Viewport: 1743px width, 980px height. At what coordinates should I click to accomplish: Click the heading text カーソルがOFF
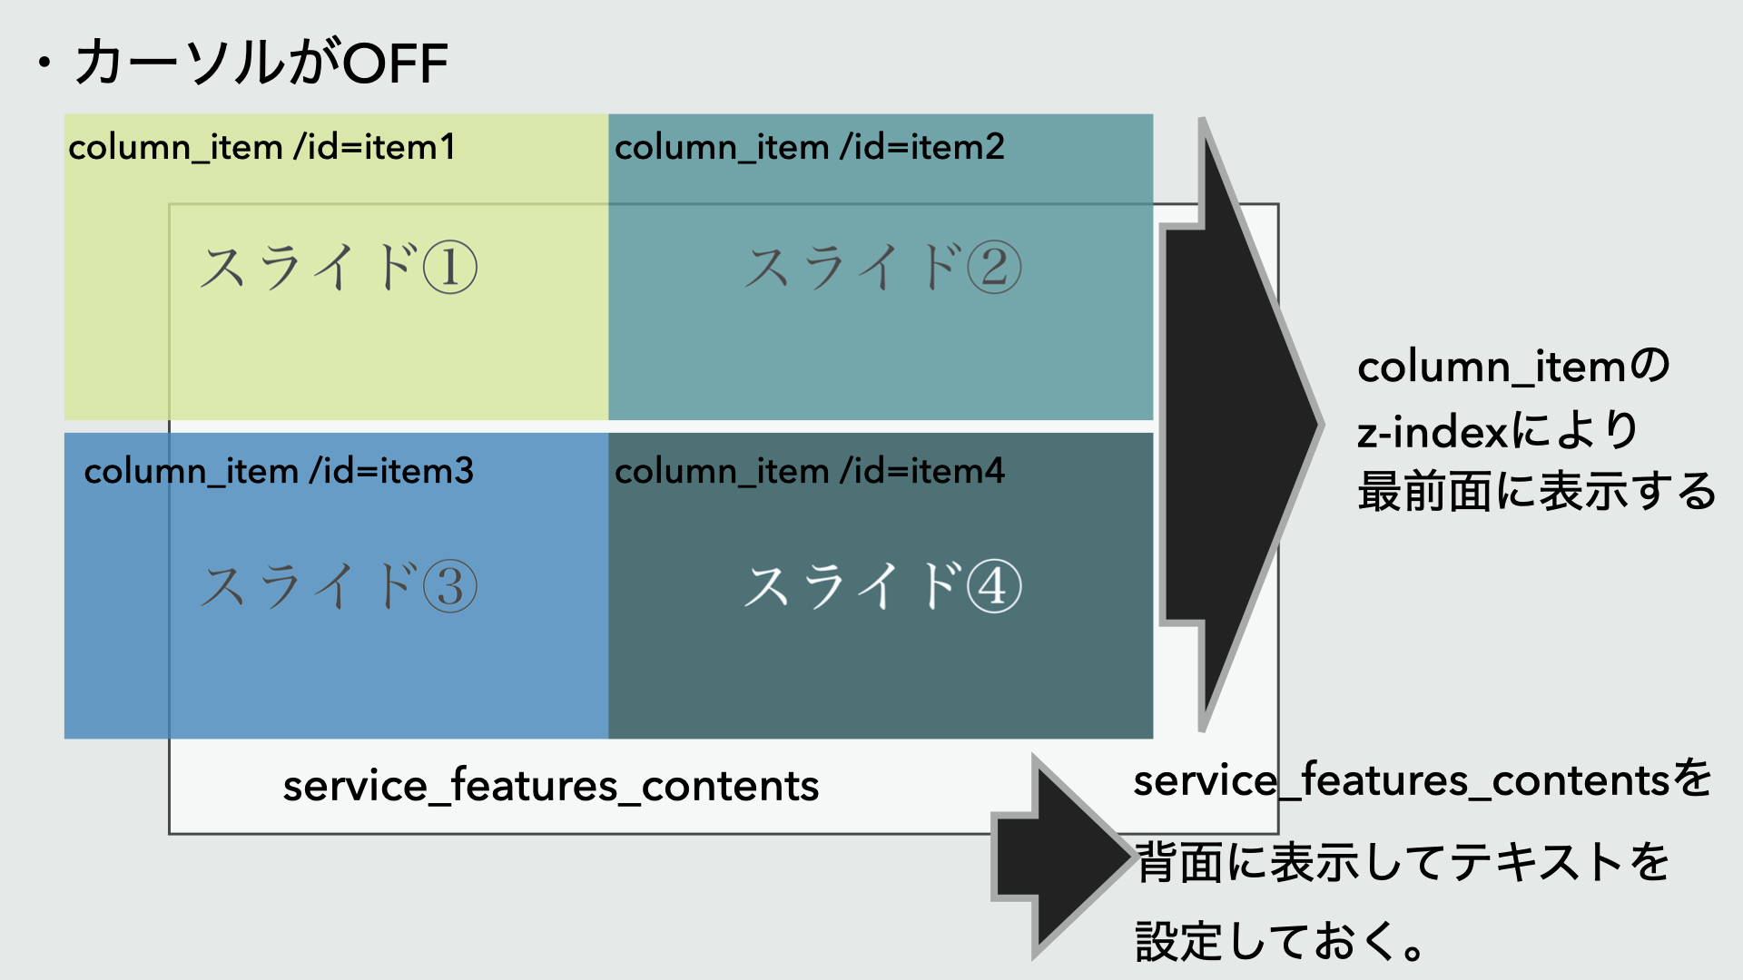tap(261, 62)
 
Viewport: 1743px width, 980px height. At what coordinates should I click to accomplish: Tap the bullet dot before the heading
tap(44, 64)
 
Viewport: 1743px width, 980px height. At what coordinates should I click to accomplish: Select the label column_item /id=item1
tap(261, 147)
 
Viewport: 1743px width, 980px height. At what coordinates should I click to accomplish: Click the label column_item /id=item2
tap(810, 147)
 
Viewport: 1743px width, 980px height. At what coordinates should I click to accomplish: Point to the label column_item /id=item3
tap(279, 471)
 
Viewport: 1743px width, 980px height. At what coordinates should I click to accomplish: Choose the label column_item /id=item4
tap(810, 471)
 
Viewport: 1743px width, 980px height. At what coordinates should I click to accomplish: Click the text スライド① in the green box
tap(339, 268)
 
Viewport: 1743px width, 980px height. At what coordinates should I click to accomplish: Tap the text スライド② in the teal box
tap(883, 268)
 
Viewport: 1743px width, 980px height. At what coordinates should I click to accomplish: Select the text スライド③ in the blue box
tap(339, 586)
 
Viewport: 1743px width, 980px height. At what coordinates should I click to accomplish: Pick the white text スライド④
tap(883, 586)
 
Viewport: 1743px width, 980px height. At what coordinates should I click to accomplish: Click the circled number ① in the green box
tap(450, 269)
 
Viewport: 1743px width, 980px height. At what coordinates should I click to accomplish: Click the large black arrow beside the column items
tap(1240, 425)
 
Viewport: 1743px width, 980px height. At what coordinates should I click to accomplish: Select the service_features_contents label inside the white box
tap(551, 786)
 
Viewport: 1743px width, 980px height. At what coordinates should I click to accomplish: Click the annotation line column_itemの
tap(1513, 367)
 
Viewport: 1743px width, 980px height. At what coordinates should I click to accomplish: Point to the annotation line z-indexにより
tap(1498, 430)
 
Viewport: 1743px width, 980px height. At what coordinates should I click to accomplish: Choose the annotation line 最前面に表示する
tap(1536, 492)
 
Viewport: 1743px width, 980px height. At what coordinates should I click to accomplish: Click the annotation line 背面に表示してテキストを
tap(1403, 862)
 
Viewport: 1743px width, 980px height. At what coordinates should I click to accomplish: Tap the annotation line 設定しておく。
tap(1280, 941)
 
